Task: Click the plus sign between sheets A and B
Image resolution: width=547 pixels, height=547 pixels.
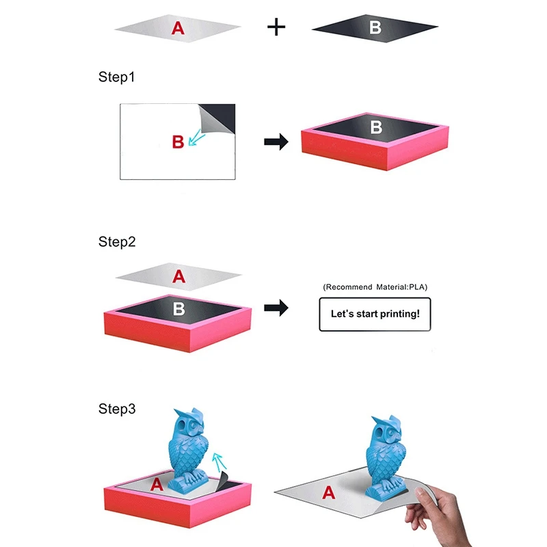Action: tap(276, 27)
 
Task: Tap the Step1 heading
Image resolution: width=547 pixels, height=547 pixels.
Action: tap(116, 77)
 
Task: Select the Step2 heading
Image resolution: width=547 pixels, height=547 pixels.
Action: tap(117, 241)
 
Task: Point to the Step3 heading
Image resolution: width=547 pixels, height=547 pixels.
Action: tap(117, 408)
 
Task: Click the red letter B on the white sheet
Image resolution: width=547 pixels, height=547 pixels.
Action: tap(178, 142)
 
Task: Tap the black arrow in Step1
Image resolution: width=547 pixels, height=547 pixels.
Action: tap(276, 142)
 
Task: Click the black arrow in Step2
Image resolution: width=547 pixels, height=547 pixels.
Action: tap(276, 308)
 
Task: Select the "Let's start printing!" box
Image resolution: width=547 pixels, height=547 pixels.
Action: tap(375, 314)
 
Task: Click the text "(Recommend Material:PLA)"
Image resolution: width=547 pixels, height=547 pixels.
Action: tap(375, 286)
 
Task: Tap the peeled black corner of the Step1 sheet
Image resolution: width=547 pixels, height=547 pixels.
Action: tap(219, 118)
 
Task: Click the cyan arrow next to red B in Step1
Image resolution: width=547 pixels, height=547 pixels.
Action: tap(196, 137)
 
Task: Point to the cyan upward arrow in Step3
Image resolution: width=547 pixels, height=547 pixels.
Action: tap(219, 462)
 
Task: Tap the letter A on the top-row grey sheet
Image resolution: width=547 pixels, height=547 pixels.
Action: tap(178, 28)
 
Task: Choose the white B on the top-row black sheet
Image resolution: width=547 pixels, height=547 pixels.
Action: tap(375, 27)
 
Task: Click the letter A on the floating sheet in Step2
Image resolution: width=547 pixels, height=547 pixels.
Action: tap(178, 276)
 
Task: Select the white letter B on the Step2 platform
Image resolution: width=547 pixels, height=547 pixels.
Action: tap(179, 309)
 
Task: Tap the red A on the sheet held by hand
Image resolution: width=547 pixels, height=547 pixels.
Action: tap(329, 492)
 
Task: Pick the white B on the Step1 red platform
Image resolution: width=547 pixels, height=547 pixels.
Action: tap(377, 127)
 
